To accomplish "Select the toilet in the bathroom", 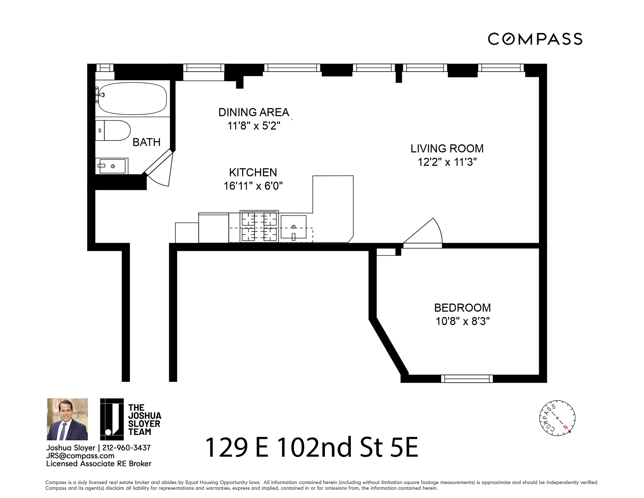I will pos(115,130).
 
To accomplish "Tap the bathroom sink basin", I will pos(112,166).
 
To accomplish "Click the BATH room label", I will pos(146,142).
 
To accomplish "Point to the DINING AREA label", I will pos(254,112).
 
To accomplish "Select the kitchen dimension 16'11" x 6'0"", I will pos(253,186).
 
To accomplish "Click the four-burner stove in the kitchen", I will pos(259,227).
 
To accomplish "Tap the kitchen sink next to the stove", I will pos(293,227).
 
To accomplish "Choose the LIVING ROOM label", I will pos(447,149).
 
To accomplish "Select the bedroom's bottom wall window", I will pos(466,379).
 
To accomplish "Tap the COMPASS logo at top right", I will pos(535,39).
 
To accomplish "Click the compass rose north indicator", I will pos(565,427).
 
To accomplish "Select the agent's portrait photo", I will pos(67,419).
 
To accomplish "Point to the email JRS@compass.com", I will pos(80,455).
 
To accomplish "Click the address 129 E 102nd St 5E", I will pos(311,448).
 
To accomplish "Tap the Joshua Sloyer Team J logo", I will pos(112,419).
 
